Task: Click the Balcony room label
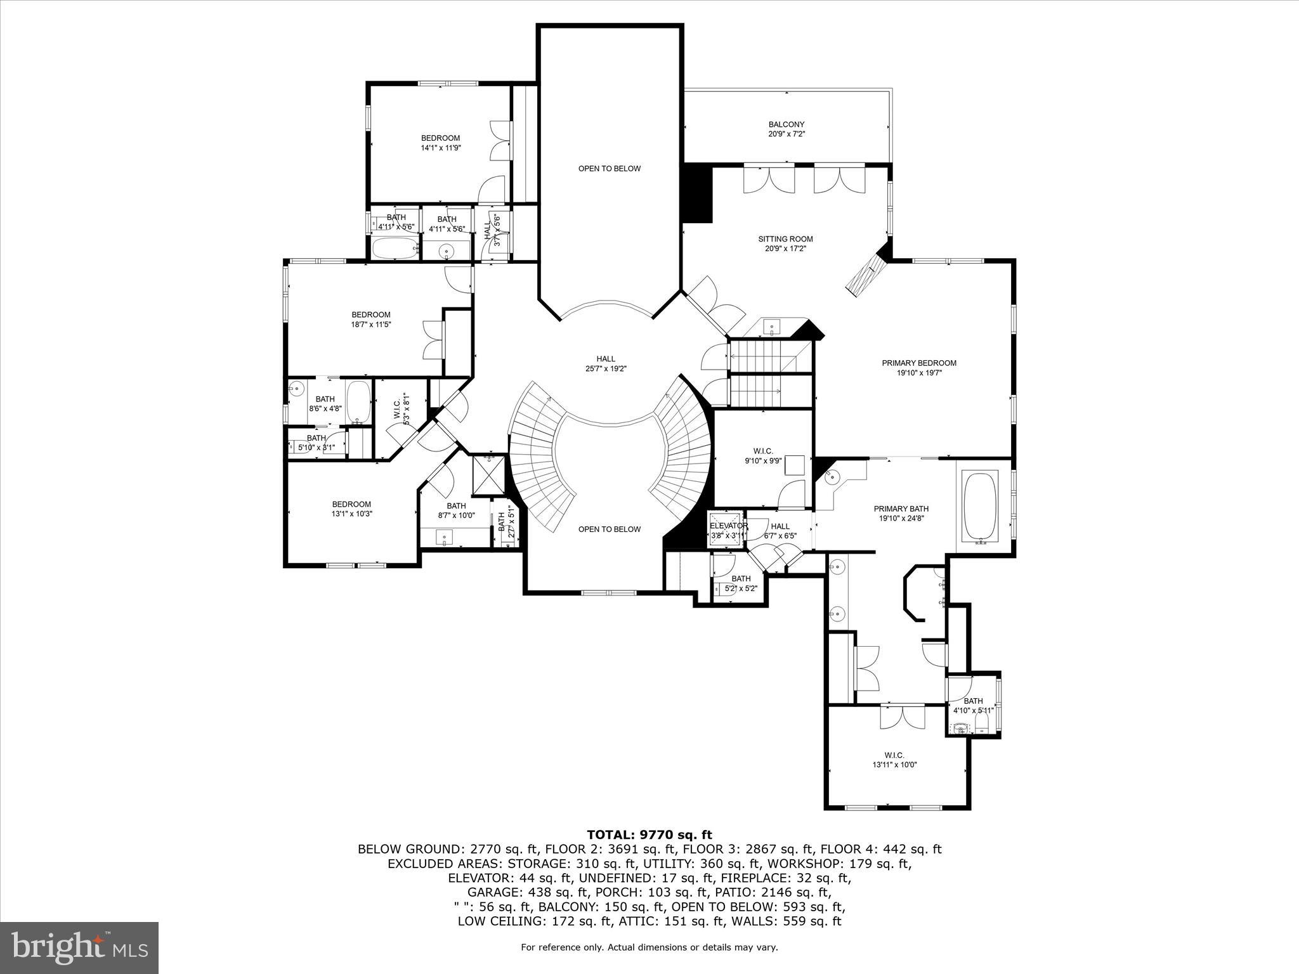pos(787,129)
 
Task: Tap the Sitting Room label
pos(785,243)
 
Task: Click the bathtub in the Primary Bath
pos(981,507)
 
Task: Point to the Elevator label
pos(728,526)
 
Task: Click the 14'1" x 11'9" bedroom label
pos(440,143)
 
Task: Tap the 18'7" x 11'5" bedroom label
pos(371,319)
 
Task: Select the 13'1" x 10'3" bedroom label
pos(351,509)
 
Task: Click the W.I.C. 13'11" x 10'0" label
pos(894,760)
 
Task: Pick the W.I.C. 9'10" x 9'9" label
pos(763,456)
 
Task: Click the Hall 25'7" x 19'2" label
pos(606,363)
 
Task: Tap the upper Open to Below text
pos(609,169)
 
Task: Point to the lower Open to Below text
pos(609,529)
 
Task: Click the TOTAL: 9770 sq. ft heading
pos(649,834)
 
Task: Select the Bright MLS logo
pos(79,947)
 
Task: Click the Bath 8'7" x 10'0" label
pos(456,510)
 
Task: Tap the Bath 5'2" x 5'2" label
pos(741,583)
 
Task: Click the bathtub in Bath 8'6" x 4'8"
pos(358,402)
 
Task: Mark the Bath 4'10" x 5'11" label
pos(973,705)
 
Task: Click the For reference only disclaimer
pos(649,947)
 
